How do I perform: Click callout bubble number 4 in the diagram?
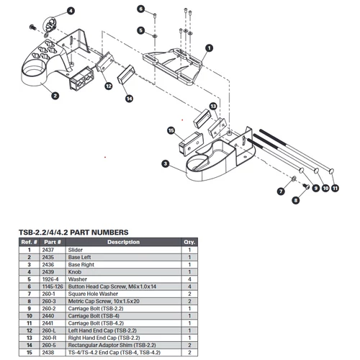coord(71,12)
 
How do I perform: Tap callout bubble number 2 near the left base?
coord(55,94)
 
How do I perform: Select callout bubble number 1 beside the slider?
coord(209,48)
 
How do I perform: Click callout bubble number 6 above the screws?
coord(141,9)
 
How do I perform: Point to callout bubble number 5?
coord(141,30)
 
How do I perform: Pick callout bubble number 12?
coord(107,86)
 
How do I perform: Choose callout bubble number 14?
coord(130,98)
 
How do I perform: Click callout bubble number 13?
coord(213,106)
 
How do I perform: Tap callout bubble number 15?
coord(171,131)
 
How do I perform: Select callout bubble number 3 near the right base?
coord(165,164)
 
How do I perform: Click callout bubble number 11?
coord(336,187)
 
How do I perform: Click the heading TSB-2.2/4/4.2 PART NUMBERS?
coord(73,233)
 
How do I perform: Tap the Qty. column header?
coord(189,242)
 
